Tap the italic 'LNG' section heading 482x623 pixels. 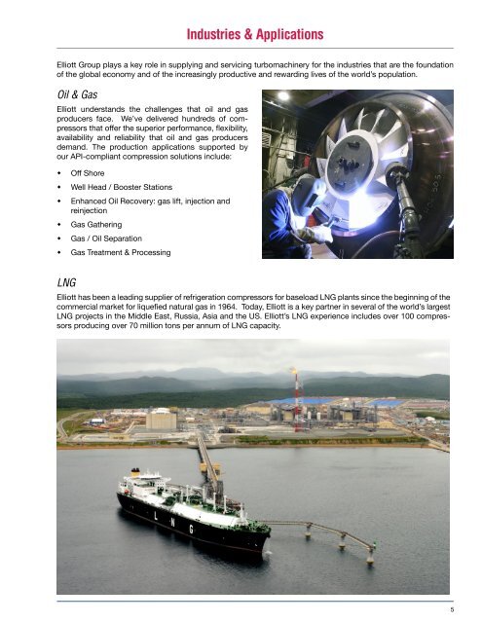[69, 280]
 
